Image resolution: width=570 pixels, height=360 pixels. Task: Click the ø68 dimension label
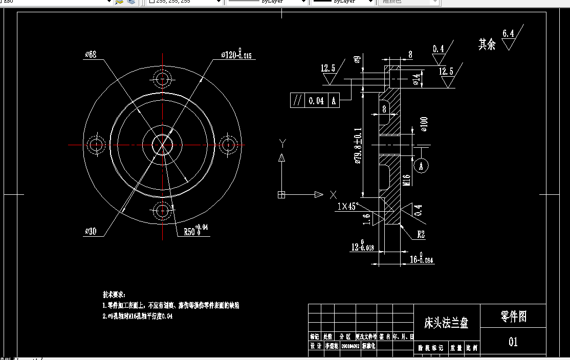[x=91, y=54]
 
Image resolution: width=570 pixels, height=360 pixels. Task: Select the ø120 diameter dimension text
[x=236, y=55]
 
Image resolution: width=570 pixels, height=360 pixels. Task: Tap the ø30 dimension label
[x=91, y=231]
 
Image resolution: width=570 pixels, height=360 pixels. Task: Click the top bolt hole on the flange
[x=163, y=79]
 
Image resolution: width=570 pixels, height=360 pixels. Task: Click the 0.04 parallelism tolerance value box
[x=316, y=101]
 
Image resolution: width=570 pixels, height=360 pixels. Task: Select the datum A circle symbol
[x=421, y=166]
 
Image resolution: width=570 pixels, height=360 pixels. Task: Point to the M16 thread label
[x=407, y=179]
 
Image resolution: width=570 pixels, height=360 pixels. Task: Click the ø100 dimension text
[x=424, y=124]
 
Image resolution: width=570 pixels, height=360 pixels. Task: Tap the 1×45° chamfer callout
[x=348, y=207]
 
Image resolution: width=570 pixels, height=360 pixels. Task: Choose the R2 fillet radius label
[x=421, y=235]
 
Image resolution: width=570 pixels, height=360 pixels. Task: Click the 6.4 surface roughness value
[x=508, y=34]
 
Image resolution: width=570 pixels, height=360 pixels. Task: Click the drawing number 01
[x=513, y=341]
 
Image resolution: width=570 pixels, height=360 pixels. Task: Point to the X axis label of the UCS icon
[x=333, y=194]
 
